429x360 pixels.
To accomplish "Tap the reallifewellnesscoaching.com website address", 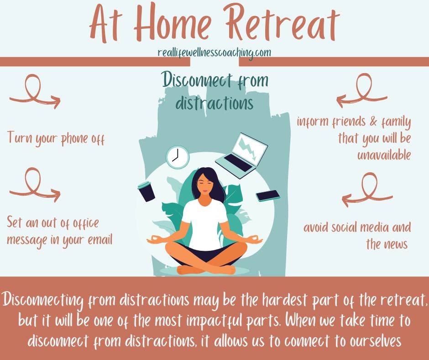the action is coord(214,53).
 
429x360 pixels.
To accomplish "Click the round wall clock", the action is coord(178,157).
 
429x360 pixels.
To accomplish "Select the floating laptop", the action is coord(241,155).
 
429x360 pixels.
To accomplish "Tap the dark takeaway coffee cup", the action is coord(146,191).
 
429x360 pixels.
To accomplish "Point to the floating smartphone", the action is coord(268,196).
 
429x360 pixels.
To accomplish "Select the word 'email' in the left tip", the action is coord(100,239).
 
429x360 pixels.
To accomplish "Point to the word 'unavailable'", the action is coord(384,155).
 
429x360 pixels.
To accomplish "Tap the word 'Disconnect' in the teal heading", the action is coord(197,80).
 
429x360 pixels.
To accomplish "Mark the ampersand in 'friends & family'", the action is coord(373,121).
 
